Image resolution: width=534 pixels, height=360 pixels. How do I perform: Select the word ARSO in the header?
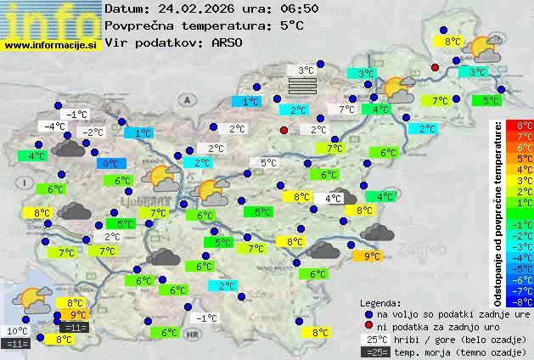229,42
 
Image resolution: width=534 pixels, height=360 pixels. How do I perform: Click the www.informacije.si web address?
50,45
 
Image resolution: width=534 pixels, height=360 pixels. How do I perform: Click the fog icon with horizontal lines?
301,86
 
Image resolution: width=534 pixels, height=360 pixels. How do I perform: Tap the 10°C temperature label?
17,331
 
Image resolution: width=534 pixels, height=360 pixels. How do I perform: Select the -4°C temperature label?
55,127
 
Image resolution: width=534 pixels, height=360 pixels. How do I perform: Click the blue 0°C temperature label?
110,163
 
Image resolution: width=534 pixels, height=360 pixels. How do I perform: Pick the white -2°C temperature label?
91,132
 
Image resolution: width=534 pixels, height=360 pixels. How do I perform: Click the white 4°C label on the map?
333,198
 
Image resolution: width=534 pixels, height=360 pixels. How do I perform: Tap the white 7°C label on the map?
346,110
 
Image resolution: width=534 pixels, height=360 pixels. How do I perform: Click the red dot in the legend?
368,326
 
